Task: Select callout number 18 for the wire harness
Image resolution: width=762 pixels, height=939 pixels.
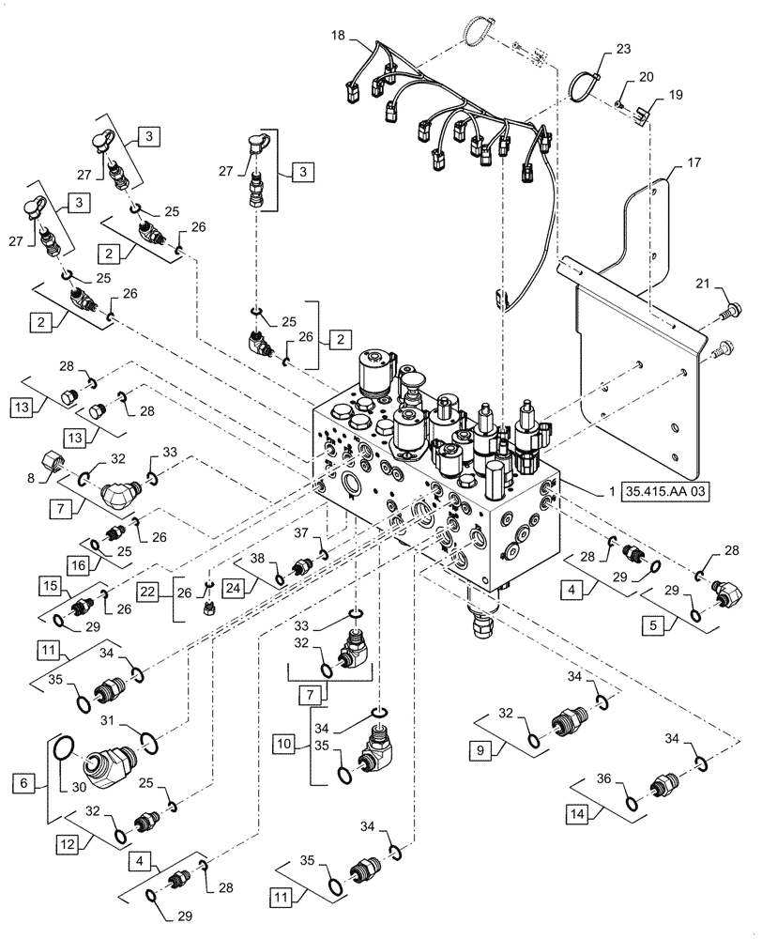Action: (337, 34)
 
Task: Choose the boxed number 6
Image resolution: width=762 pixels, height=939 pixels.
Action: (23, 779)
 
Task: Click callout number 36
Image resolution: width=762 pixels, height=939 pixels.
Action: (602, 778)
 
